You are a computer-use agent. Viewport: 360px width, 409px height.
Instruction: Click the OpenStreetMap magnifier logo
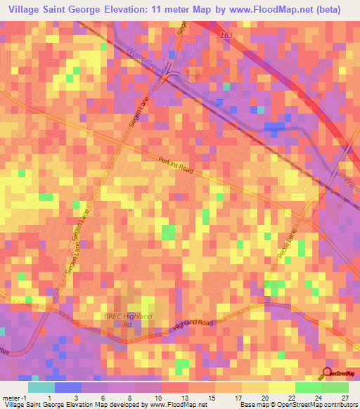(x=328, y=374)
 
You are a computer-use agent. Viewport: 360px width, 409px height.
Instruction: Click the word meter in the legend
(x=11, y=397)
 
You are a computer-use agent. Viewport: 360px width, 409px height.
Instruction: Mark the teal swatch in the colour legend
(x=41, y=387)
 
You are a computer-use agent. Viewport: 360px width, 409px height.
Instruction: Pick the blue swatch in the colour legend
(x=67, y=387)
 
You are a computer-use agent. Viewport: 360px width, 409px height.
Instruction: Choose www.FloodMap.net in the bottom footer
(x=176, y=405)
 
